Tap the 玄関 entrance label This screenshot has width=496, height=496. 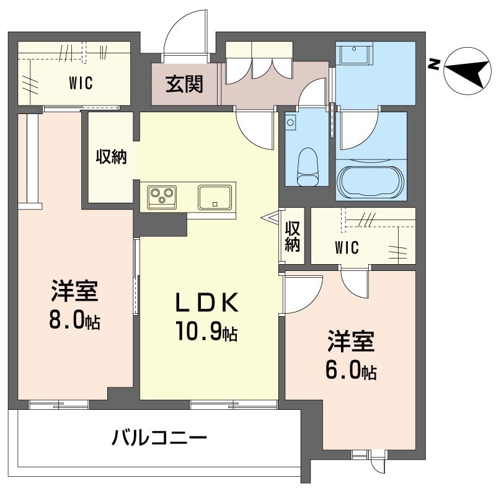pos(184,83)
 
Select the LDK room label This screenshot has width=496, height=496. pos(206,303)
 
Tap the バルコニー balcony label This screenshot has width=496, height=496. pos(159,439)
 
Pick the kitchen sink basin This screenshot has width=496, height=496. pos(215,197)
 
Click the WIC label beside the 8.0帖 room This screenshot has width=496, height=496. pos(81,83)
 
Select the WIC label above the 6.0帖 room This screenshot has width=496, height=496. pos(347,248)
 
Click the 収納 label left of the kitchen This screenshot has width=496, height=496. pos(111,157)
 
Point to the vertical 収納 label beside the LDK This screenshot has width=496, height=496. pos(292,236)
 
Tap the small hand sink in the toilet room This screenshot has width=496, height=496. pos(291,123)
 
